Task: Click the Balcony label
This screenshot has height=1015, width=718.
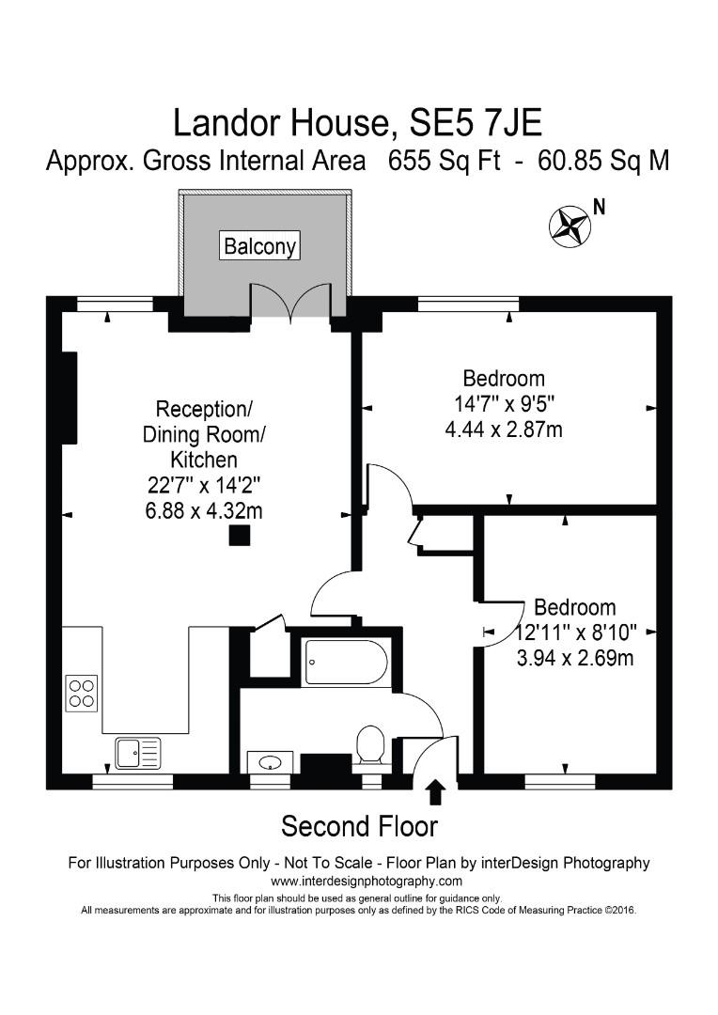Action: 260,246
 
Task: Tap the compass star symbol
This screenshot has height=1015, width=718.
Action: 568,226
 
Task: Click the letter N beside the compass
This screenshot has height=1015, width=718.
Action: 598,206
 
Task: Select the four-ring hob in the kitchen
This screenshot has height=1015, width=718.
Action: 82,693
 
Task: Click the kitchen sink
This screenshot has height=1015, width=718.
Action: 137,752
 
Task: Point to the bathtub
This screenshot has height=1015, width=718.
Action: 345,663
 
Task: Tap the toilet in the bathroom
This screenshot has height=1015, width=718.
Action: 370,744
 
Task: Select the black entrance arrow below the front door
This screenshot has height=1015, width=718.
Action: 435,792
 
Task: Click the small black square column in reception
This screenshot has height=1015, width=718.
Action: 241,536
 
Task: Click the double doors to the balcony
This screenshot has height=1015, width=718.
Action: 290,301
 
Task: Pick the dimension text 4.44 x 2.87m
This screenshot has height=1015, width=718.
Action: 503,429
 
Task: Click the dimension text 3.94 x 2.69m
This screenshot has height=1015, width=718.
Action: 574,658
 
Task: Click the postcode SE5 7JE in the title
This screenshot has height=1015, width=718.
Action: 464,123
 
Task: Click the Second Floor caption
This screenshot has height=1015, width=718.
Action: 360,826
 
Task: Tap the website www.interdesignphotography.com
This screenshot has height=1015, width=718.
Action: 367,881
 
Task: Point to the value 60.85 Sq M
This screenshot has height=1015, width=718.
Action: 603,161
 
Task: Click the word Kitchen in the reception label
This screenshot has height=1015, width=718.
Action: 203,460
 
